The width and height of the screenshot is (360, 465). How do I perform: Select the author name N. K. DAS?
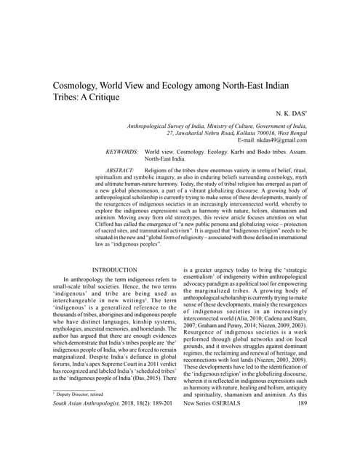tap(288, 116)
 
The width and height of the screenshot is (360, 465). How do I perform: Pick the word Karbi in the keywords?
tap(241, 151)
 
